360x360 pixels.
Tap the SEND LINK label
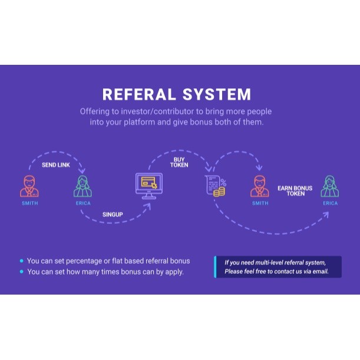pos(56,165)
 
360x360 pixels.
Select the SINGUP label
pos(113,214)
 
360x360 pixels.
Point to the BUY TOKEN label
pos(179,163)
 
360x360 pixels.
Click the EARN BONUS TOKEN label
pos(296,190)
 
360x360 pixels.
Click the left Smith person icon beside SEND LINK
pos(29,186)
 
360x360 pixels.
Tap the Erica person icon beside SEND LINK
pos(83,186)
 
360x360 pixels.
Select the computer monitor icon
pos(147,184)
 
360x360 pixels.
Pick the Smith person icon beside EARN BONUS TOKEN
pos(260,186)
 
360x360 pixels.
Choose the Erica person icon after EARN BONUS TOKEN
pos(330,186)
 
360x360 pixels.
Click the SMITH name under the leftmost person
pos(29,203)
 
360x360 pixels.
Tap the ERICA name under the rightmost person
pos(331,203)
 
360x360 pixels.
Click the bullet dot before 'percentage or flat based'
pos(22,260)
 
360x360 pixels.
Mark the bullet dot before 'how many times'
pos(22,272)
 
